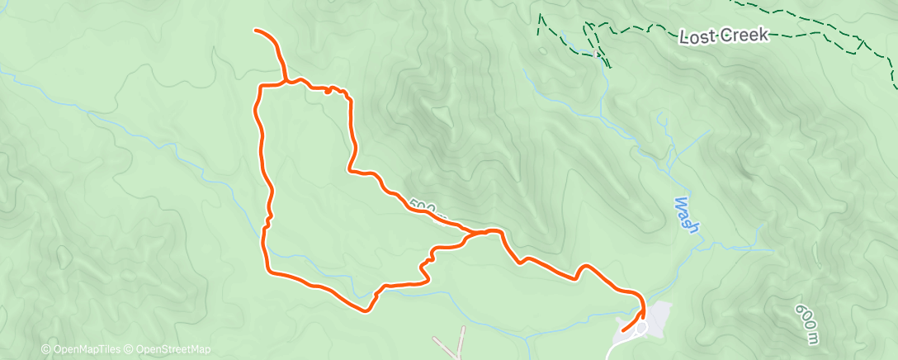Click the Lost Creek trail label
[725, 36]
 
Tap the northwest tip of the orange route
[256, 31]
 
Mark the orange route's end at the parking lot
[622, 330]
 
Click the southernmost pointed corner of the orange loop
[366, 310]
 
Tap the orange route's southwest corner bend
[267, 269]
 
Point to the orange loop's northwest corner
[262, 87]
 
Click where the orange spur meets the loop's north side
[286, 82]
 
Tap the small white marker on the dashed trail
[596, 54]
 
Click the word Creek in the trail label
[745, 35]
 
